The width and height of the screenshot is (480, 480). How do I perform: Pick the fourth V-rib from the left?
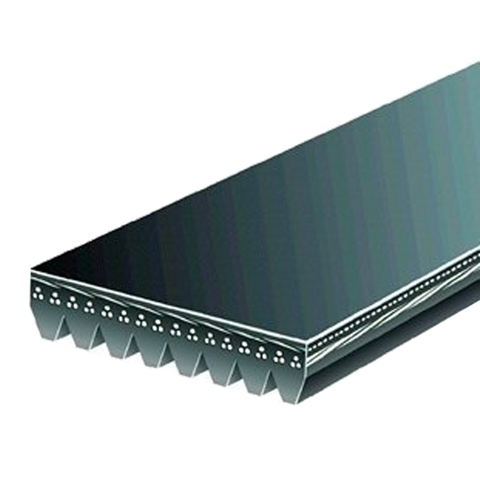(x=150, y=349)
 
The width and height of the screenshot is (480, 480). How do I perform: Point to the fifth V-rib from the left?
(x=184, y=359)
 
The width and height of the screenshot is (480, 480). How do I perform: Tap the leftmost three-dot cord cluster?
(x=39, y=294)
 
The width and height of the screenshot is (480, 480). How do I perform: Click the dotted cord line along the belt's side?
(x=390, y=306)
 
